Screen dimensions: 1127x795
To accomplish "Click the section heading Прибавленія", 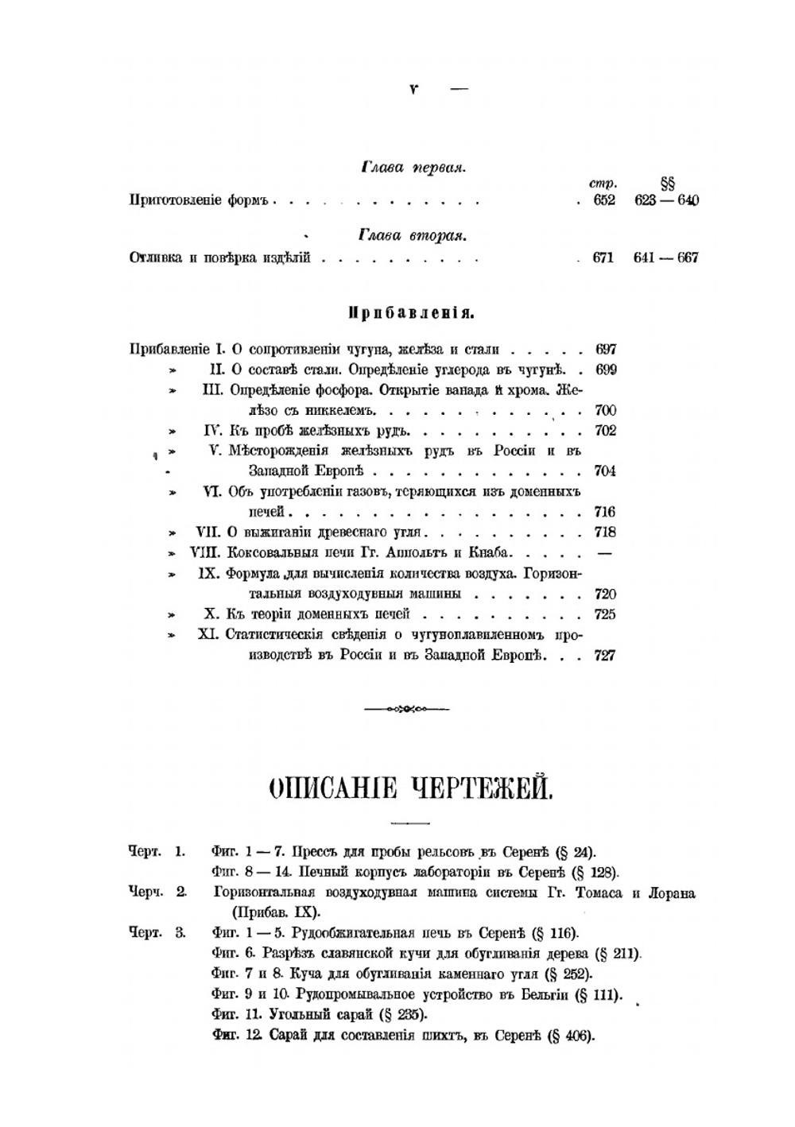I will [411, 313].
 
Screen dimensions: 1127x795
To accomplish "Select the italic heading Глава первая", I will [413, 168].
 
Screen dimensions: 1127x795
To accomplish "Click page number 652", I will [604, 200].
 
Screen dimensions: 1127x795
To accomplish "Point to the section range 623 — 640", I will [666, 200].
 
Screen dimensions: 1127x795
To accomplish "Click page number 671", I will [603, 258].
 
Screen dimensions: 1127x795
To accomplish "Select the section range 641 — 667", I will [666, 258].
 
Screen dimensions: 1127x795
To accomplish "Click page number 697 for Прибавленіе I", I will [605, 349].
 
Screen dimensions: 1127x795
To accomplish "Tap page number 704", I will [605, 471].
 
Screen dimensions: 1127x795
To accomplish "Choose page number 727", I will [605, 656].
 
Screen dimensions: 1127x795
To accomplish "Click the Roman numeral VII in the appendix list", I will [207, 533].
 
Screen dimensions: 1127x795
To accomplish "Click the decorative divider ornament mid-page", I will [405, 709].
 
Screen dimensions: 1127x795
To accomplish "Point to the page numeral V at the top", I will [413, 90].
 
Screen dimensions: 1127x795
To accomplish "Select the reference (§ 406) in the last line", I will [571, 1036].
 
